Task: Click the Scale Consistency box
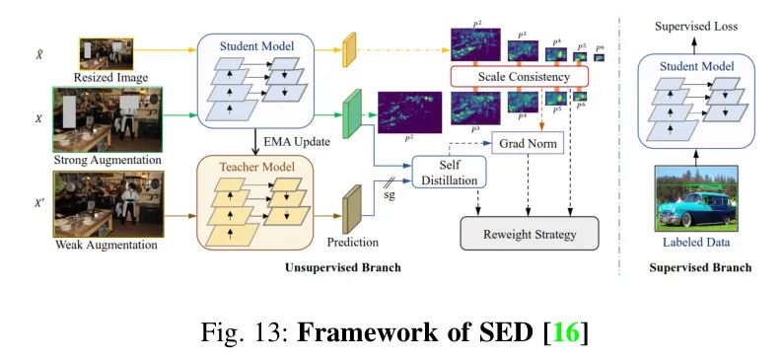[x=519, y=77]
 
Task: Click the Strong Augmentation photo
[x=107, y=118]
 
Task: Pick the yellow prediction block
[x=348, y=51]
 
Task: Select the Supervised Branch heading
[x=700, y=267]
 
